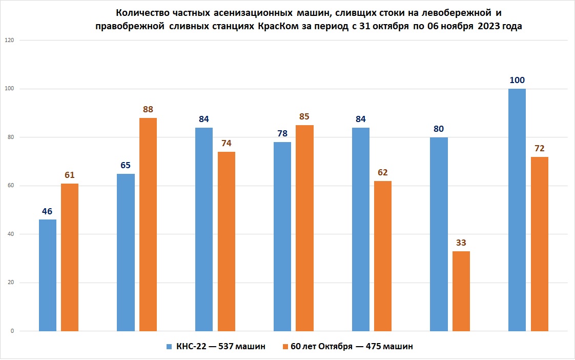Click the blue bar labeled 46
(48, 275)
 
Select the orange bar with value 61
(70, 257)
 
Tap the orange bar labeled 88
(148, 224)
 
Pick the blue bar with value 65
(126, 252)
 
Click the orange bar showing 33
(461, 291)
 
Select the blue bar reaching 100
(517, 210)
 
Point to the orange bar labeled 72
(539, 244)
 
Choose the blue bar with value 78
(282, 236)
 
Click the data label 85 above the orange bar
(305, 116)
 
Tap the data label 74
(227, 143)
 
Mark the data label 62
(383, 172)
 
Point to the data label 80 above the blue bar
(439, 129)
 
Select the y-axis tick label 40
(11, 234)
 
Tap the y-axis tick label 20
(11, 283)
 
